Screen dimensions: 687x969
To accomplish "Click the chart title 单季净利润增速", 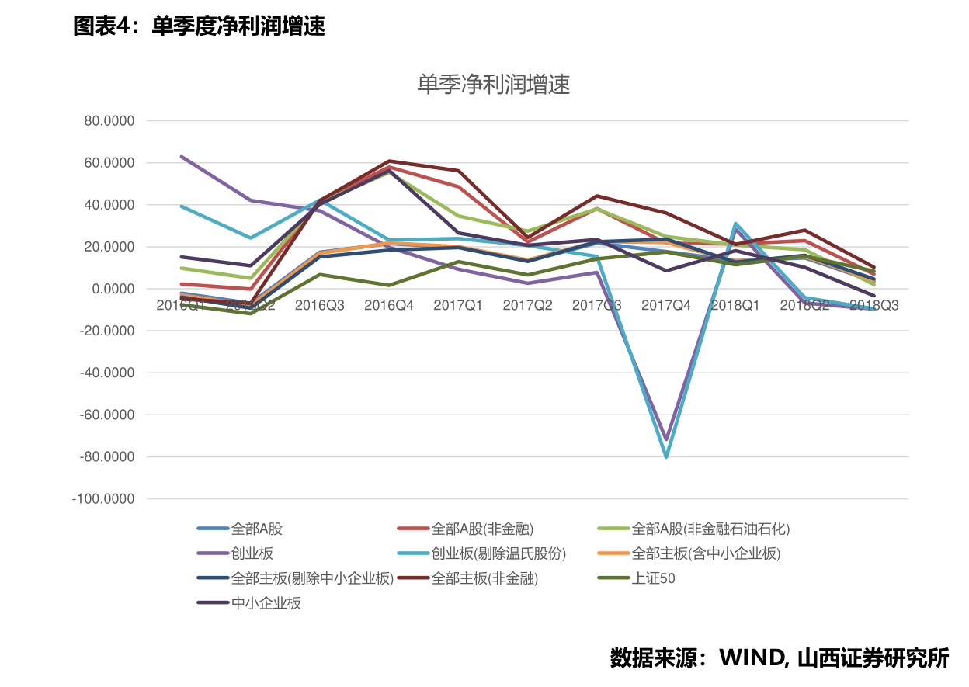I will pyautogui.click(x=493, y=85).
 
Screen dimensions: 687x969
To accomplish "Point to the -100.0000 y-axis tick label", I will pyautogui.click(x=103, y=499).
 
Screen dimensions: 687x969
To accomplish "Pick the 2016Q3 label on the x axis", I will pyautogui.click(x=320, y=305).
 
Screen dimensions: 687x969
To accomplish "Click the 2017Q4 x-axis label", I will pyautogui.click(x=666, y=305).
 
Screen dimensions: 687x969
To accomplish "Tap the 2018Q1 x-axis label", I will pyautogui.click(x=735, y=305).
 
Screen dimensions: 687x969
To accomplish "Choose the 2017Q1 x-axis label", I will pyautogui.click(x=458, y=305).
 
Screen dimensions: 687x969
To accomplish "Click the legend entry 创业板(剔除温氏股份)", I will pyautogui.click(x=498, y=553).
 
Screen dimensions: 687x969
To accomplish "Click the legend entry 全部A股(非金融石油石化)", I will pyautogui.click(x=710, y=529).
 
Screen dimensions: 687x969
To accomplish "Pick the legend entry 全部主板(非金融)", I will pyautogui.click(x=484, y=578).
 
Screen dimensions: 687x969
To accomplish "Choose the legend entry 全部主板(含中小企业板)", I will pyautogui.click(x=706, y=553).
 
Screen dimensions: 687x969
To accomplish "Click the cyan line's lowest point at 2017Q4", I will pyautogui.click(x=666, y=456).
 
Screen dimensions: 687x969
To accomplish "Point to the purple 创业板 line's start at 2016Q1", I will pyautogui.click(x=182, y=157).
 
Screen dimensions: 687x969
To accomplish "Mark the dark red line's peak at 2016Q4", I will pyautogui.click(x=389, y=161).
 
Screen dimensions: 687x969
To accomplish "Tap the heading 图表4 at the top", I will pyautogui.click(x=103, y=26).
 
